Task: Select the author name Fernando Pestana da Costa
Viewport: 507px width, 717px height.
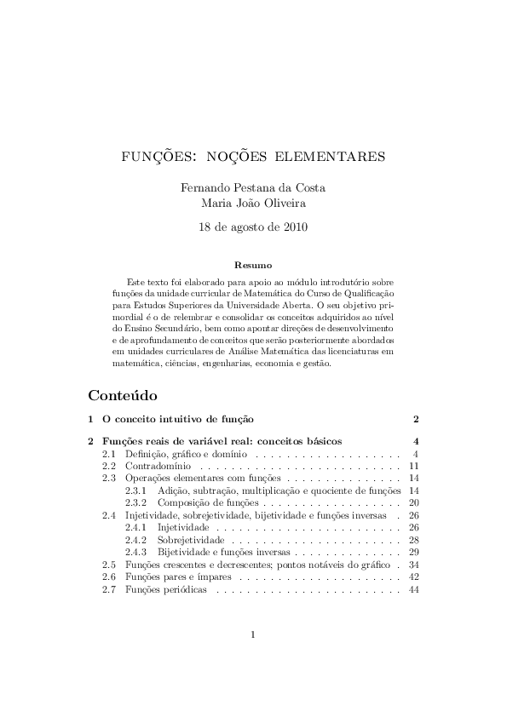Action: [253, 187]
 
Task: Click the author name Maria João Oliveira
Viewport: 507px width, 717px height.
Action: [253, 204]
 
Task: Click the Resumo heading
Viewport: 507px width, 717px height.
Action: [253, 265]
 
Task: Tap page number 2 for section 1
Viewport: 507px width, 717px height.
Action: [415, 420]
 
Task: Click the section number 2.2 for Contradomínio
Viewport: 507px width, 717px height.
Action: [109, 467]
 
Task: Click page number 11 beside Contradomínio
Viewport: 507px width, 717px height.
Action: [413, 467]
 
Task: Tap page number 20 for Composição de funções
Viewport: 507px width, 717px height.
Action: [413, 503]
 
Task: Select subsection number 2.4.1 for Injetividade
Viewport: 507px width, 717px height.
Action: [136, 528]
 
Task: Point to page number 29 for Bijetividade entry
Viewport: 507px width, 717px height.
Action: [413, 553]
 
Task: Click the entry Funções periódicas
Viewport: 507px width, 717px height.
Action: [166, 590]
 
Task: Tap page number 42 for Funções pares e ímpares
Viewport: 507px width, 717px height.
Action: [413, 577]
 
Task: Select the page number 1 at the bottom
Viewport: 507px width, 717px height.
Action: [253, 657]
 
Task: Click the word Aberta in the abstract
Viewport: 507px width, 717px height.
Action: [297, 304]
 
